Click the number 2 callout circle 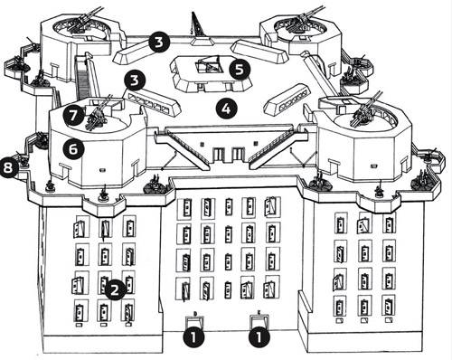[x=115, y=290]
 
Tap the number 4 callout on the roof [x=226, y=109]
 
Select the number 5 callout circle [x=240, y=69]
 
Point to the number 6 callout [x=73, y=149]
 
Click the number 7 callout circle [x=74, y=116]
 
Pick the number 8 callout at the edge [x=8, y=167]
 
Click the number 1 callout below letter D [x=193, y=336]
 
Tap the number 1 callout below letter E [x=259, y=336]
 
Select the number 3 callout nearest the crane [x=159, y=43]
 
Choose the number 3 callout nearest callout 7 [x=135, y=81]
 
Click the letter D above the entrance [x=195, y=314]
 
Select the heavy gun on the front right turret [x=365, y=109]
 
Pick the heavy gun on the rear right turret [x=305, y=19]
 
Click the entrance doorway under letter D [x=194, y=322]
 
